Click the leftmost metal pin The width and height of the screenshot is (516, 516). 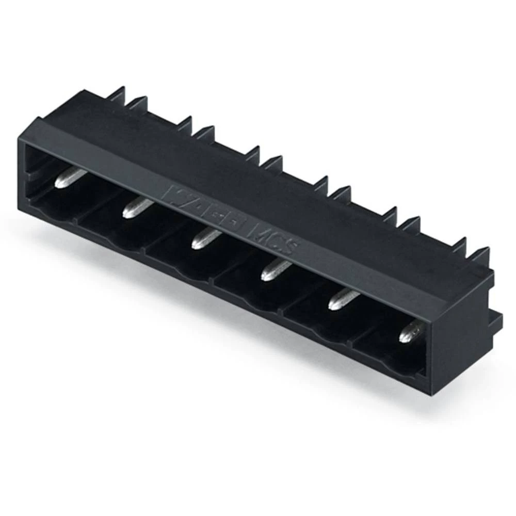(69, 179)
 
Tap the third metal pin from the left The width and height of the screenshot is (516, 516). (206, 238)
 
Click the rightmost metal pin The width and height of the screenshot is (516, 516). (411, 330)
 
